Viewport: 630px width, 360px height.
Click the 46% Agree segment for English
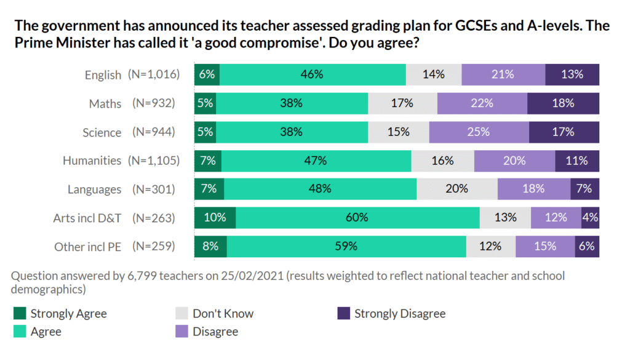(313, 74)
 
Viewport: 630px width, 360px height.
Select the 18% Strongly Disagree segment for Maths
(563, 103)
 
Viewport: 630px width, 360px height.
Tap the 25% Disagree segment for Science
(479, 132)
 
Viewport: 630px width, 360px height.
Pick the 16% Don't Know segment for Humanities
(442, 161)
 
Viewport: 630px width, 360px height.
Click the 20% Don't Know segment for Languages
(457, 189)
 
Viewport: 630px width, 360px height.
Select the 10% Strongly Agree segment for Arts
(215, 217)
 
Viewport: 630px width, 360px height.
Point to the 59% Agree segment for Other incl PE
(346, 246)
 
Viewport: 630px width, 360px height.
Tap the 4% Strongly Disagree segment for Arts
(590, 217)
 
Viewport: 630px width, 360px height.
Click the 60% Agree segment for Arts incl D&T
(357, 217)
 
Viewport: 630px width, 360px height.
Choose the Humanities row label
(92, 161)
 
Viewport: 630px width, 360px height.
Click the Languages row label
(94, 190)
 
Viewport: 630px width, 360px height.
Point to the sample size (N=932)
(154, 103)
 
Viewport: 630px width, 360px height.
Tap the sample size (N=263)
(154, 218)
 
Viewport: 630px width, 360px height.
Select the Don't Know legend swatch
(181, 314)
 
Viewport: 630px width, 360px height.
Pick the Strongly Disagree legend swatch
(343, 314)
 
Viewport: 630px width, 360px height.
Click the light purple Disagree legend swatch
(181, 332)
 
